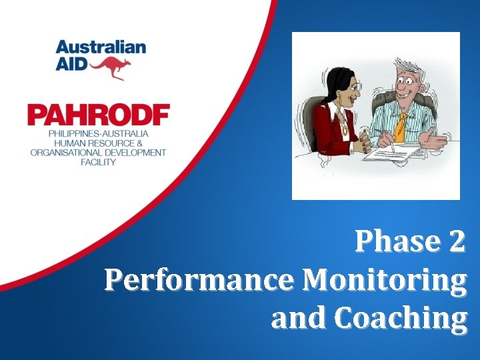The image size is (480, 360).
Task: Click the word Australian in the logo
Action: coord(100,47)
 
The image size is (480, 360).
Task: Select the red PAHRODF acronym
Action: coord(99,116)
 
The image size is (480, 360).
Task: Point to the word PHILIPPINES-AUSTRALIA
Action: coord(99,134)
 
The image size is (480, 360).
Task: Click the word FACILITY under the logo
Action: coord(98,162)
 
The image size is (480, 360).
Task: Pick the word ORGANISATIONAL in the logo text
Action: coord(64,153)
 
